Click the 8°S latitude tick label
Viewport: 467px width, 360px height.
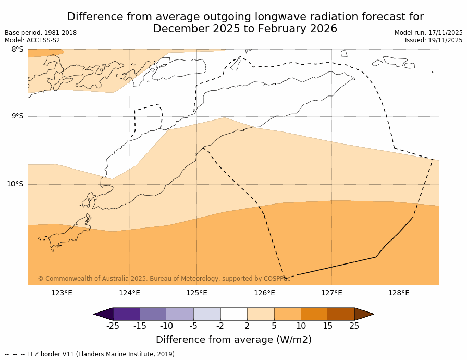17,50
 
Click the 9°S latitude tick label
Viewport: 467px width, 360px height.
17,116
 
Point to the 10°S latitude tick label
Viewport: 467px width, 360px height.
15,184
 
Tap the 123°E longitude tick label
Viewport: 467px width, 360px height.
62,293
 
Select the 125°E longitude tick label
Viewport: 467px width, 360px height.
196,293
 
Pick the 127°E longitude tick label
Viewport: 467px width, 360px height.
331,293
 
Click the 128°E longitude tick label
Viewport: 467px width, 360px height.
399,293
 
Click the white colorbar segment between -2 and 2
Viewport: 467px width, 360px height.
233,314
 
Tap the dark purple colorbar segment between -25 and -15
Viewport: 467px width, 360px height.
126,314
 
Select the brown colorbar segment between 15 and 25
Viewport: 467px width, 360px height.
341,314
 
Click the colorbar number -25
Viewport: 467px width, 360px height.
113,326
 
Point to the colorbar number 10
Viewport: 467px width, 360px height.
301,326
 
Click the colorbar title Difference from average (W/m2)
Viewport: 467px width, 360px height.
233,340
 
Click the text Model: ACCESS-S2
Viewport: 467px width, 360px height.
32,40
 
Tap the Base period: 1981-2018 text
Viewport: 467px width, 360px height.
41,33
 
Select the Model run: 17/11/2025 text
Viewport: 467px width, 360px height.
428,33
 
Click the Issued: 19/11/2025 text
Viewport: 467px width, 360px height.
434,40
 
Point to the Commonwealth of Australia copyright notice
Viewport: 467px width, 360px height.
164,279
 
